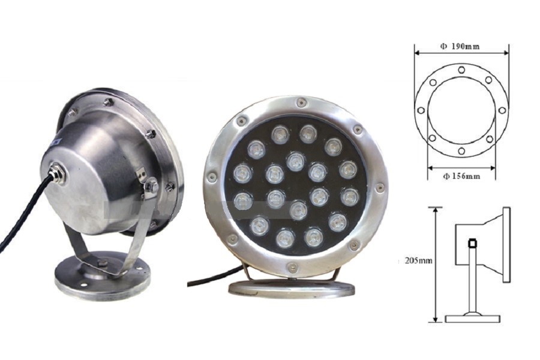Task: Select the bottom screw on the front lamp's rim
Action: (292, 266)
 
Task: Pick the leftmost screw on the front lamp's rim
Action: (212, 177)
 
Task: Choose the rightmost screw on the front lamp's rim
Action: (379, 188)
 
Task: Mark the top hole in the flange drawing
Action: (461, 70)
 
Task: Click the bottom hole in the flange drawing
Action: (461, 151)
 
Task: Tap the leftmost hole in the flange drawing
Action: (421, 110)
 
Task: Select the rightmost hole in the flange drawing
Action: (502, 110)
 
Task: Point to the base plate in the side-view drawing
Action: (472, 318)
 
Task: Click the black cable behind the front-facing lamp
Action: (210, 278)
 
